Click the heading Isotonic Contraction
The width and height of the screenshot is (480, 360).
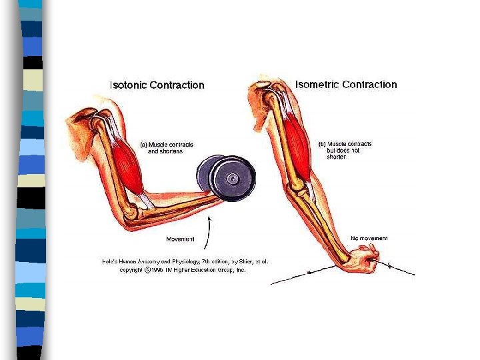pyautogui.click(x=157, y=85)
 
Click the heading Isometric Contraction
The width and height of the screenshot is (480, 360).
pyautogui.click(x=346, y=85)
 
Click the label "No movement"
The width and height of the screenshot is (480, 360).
pyautogui.click(x=369, y=238)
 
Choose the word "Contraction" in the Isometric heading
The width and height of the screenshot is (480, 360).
pyautogui.click(x=369, y=85)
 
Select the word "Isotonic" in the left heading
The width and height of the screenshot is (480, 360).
pyautogui.click(x=129, y=85)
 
